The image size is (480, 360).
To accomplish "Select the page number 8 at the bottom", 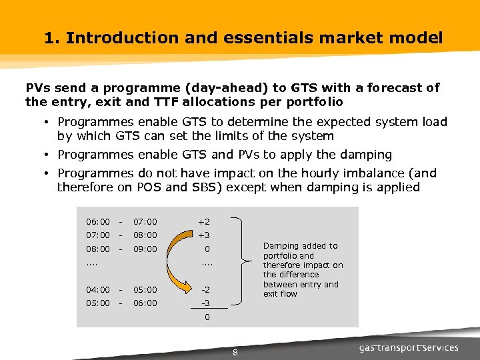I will tap(235, 353).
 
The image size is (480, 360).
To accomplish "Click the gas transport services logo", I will tap(408, 347).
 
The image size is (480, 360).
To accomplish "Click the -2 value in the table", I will tap(205, 289).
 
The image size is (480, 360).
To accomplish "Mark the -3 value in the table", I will tap(205, 303).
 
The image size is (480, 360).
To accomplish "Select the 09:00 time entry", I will tap(145, 249).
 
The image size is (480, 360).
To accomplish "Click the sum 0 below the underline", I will tap(207, 317).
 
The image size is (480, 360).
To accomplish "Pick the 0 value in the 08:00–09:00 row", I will tap(207, 249).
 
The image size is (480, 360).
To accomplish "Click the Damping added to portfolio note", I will tap(303, 269).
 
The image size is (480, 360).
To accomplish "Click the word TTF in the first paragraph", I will tap(164, 102).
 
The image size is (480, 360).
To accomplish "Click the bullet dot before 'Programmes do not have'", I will tap(49, 173).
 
